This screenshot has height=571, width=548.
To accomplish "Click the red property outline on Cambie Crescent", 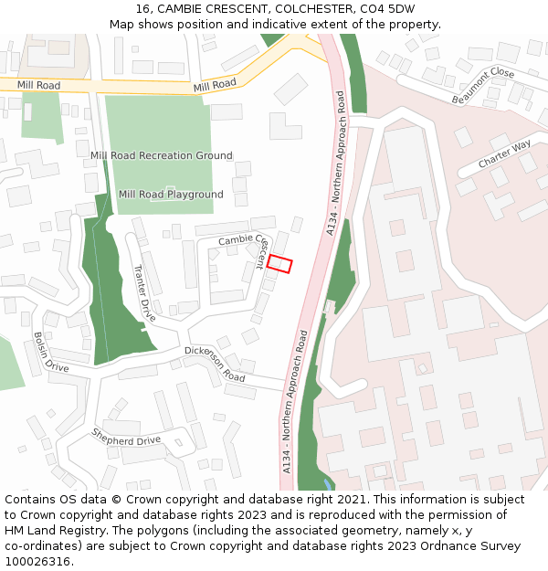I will (279, 264).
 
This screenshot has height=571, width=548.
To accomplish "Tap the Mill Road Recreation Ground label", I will (162, 156).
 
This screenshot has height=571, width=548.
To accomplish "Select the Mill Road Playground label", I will (171, 195).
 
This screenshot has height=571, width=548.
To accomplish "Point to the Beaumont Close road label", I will (483, 85).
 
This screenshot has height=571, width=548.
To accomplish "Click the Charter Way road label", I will (504, 154).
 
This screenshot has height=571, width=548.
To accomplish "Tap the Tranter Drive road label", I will (144, 292).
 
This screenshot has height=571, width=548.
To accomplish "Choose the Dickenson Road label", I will (216, 364).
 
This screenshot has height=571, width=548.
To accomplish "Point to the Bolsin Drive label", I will (50, 351).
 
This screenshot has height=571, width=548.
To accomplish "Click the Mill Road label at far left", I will (38, 85).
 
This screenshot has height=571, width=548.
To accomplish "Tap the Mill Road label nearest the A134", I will (215, 84).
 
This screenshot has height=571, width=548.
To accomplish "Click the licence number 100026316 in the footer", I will (37, 562).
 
